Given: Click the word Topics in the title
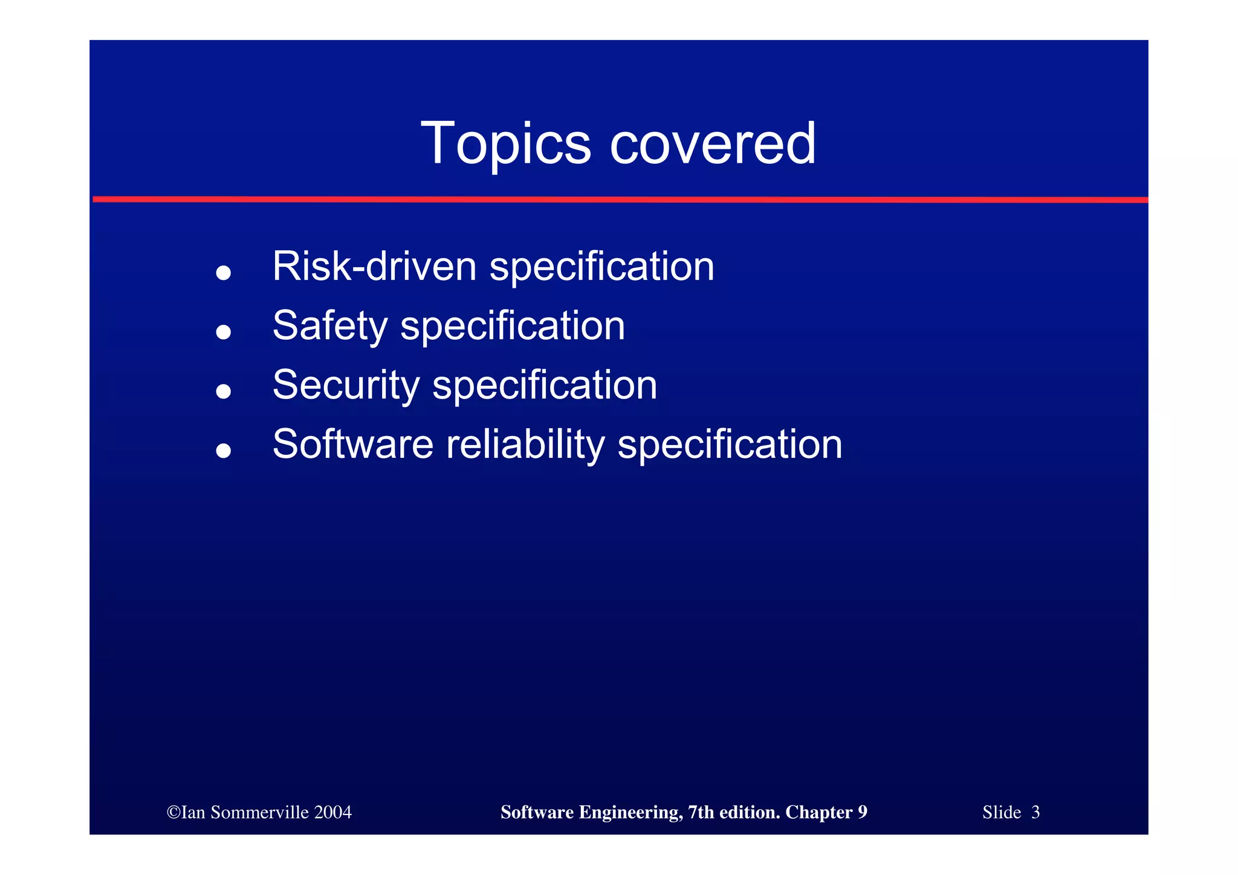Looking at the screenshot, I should tap(505, 144).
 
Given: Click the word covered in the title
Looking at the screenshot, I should tap(713, 144).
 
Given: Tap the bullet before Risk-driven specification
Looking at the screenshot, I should tap(224, 273).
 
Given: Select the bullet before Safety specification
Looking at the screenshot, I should tap(224, 331).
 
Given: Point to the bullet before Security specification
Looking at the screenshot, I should tap(224, 391).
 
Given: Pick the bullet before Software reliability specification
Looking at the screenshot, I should tap(224, 450).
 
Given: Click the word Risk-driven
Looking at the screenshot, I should tap(374, 266).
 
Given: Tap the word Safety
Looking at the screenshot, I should tap(330, 327).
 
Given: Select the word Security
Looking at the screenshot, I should tap(346, 385).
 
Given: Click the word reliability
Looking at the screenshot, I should tap(525, 444).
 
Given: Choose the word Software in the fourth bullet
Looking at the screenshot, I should tap(353, 444).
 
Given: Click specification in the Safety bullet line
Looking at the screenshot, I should tap(513, 327).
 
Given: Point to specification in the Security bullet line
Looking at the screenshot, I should tap(545, 385).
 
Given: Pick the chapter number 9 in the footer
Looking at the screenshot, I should tap(862, 812).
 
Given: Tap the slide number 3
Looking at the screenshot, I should tap(1035, 812).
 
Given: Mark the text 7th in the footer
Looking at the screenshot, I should tap(700, 812).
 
